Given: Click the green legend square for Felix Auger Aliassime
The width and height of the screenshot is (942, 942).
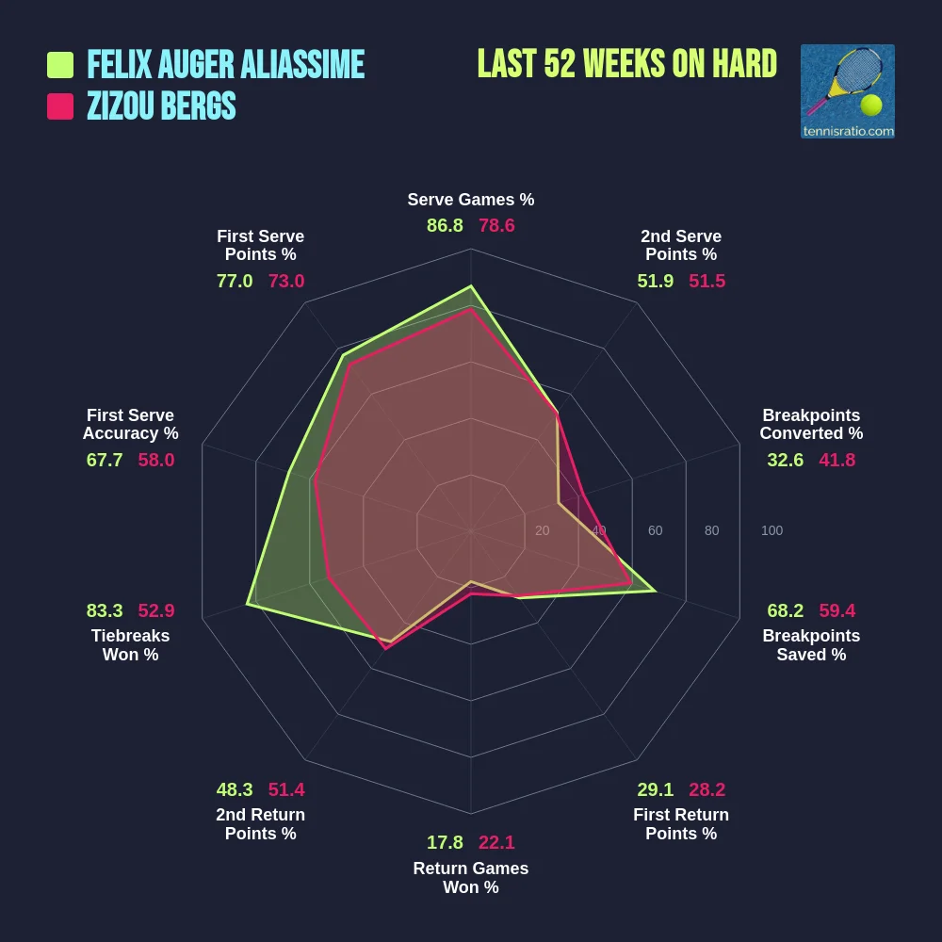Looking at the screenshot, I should point(60,65).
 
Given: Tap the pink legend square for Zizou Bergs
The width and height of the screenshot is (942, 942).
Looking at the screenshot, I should point(60,106).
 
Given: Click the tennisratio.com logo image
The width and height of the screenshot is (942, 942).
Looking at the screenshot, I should point(847,91).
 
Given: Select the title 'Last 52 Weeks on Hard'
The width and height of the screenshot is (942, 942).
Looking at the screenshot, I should point(626,64).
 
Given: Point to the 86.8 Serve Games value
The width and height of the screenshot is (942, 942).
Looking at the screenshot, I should point(445,226).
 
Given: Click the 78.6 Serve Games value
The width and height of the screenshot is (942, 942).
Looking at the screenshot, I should point(496,226).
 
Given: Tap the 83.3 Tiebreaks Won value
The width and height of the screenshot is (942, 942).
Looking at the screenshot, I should point(105,610).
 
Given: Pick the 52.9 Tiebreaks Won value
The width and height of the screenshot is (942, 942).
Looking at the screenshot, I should point(156,610).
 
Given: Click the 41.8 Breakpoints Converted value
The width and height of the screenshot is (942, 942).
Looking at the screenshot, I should point(837,461).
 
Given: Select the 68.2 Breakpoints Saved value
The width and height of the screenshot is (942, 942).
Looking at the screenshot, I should point(786,610).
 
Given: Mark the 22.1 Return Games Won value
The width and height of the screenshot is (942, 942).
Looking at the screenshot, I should point(496,843).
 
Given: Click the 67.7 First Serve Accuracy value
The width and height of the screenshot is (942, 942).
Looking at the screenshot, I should point(105,461).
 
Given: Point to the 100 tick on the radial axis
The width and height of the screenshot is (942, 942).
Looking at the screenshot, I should point(771,531).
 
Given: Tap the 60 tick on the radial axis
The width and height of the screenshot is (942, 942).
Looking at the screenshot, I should point(655,531).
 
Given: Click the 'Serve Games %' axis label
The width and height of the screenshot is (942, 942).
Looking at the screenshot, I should point(471,200).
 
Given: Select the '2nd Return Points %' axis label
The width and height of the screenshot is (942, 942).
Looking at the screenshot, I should point(260,824).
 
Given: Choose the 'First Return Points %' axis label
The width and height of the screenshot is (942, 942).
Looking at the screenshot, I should point(681,824).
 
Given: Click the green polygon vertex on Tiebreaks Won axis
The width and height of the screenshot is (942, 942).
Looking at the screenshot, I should point(248,604).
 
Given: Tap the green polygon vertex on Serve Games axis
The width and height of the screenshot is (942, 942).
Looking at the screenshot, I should point(471,286).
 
